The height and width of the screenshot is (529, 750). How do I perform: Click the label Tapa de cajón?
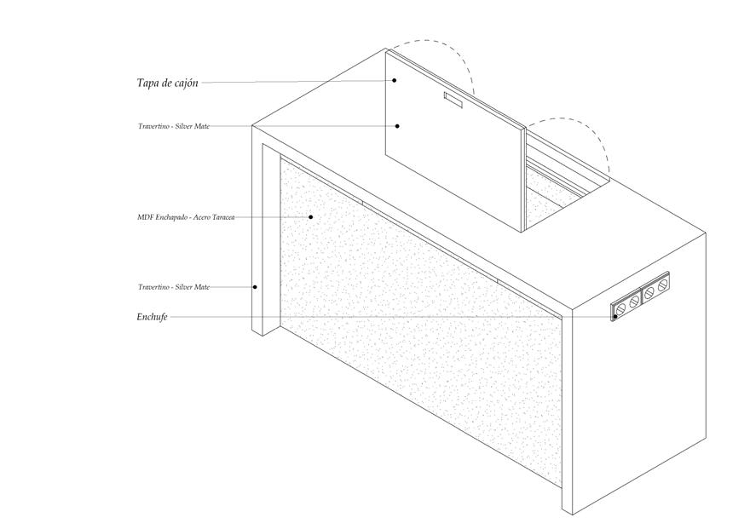click(167, 83)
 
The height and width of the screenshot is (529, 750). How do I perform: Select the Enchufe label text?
click(152, 317)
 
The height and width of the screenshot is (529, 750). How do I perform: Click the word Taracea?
click(222, 217)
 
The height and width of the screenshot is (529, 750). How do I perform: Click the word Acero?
click(202, 217)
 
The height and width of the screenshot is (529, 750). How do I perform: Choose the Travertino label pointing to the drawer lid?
click(174, 126)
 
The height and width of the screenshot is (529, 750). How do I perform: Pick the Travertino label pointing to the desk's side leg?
click(174, 287)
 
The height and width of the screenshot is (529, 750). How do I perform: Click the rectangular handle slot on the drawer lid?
click(451, 101)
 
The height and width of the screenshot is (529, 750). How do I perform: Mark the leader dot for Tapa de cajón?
click(395, 80)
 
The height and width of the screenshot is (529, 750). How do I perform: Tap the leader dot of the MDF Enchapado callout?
click(311, 216)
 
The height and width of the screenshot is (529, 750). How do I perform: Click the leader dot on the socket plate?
click(614, 317)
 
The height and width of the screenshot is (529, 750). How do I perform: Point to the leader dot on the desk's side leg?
click(255, 287)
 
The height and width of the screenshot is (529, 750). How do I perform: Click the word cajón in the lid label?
click(185, 83)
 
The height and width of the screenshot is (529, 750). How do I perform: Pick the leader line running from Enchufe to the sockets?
click(384, 317)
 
